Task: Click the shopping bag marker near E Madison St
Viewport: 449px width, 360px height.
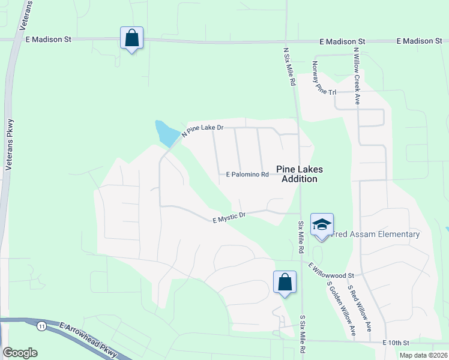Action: (x=131, y=38)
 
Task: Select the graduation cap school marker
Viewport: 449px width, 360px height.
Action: (x=322, y=224)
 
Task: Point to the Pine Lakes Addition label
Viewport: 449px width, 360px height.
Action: (x=296, y=174)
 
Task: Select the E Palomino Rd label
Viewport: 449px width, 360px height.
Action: (x=247, y=175)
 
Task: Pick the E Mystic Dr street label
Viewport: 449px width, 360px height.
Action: (x=230, y=217)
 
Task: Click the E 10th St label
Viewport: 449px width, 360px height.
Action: (x=396, y=343)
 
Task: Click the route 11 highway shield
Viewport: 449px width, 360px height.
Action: (x=41, y=326)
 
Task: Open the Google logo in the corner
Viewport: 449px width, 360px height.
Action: (x=20, y=353)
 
